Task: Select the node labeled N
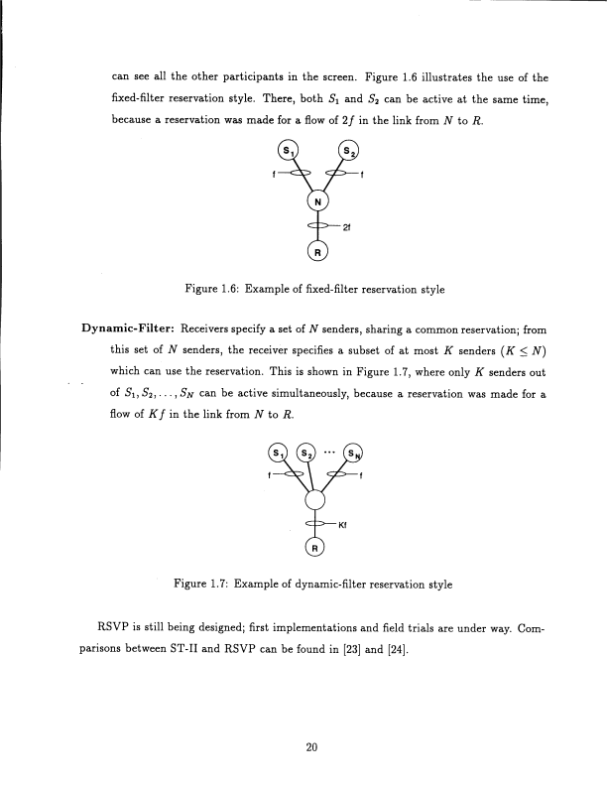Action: pyautogui.click(x=317, y=202)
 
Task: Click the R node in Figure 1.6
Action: pyautogui.click(x=317, y=252)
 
